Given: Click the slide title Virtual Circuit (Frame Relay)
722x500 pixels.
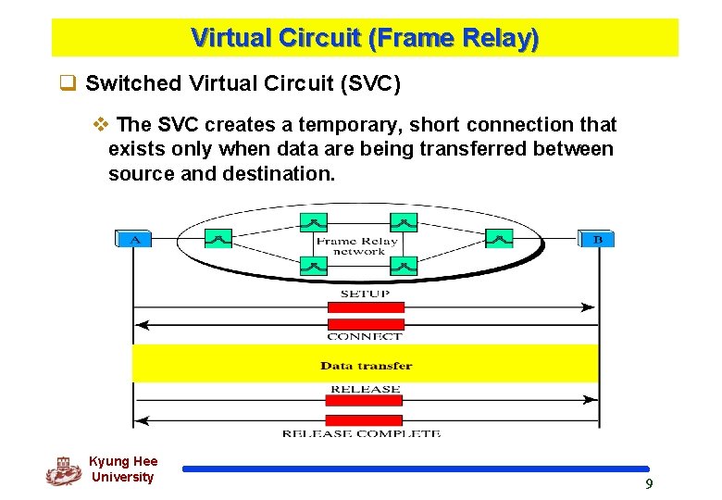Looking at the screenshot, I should [364, 39].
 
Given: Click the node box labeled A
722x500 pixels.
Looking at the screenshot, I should [134, 239].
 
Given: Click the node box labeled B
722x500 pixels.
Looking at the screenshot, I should [596, 239].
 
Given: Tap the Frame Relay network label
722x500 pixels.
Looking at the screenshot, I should [357, 246].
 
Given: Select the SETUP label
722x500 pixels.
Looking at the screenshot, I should [365, 294].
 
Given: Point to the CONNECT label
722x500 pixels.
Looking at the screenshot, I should [365, 337].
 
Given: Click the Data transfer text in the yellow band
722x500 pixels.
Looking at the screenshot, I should [366, 365].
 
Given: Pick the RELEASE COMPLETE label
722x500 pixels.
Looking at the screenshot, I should [361, 433].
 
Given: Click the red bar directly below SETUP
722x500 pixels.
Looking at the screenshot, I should [366, 307].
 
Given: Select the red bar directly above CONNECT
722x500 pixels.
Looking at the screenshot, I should [366, 324].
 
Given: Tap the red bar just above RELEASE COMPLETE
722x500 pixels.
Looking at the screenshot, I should [365, 419].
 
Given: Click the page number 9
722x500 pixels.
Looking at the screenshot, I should [649, 484].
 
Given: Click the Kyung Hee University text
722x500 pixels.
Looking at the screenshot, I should [123, 469].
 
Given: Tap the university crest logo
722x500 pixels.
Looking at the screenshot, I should [63, 470].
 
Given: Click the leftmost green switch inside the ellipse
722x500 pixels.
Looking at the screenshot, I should [218, 239].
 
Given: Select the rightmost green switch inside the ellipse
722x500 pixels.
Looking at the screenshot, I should [500, 239].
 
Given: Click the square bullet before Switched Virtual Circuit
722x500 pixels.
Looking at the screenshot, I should [67, 83].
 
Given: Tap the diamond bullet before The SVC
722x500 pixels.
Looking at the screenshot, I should [102, 124].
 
